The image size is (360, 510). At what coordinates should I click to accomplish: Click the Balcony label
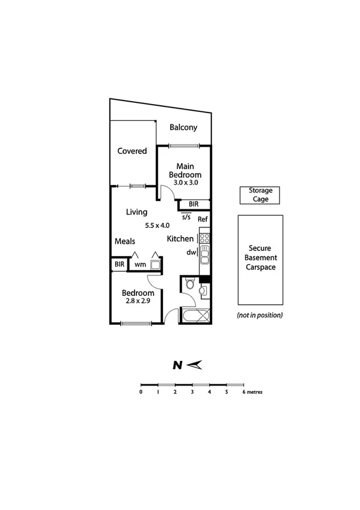tap(183, 127)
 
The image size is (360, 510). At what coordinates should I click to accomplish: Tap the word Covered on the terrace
tap(132, 151)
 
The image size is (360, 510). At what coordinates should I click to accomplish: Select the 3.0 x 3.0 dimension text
tap(185, 182)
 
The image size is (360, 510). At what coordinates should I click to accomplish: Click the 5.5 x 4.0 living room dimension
tap(157, 226)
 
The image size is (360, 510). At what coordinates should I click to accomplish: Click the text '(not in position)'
tap(260, 315)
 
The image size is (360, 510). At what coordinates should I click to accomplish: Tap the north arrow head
tap(198, 364)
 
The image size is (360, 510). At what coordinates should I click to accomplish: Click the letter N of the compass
tap(177, 364)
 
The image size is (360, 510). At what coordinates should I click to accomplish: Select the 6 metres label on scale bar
tap(252, 392)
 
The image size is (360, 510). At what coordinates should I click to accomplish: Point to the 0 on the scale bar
tap(141, 392)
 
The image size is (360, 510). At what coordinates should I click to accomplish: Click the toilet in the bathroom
tap(190, 285)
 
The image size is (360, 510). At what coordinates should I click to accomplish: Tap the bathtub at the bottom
tap(195, 316)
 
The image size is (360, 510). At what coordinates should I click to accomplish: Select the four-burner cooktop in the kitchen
tap(204, 236)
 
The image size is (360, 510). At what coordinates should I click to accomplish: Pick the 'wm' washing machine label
tap(139, 264)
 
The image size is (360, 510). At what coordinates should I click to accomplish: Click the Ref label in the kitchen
tap(203, 219)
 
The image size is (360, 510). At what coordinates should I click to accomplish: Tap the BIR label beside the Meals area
tap(119, 264)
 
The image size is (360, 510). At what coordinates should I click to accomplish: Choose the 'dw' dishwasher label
tap(191, 253)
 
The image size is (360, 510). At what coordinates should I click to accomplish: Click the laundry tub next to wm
tap(156, 263)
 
